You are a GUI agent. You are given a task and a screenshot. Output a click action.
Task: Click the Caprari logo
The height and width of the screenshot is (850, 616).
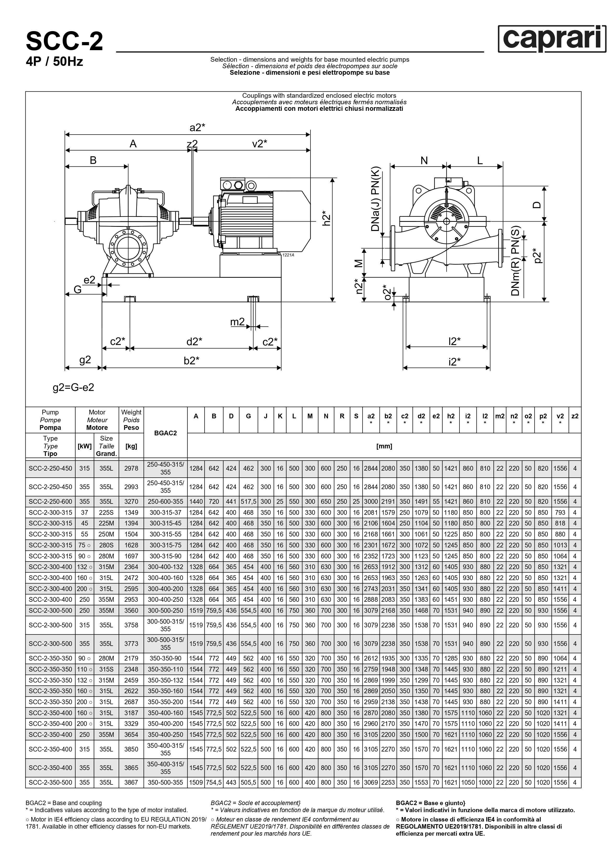552,39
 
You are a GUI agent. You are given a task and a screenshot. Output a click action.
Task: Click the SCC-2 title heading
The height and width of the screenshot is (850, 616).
65,42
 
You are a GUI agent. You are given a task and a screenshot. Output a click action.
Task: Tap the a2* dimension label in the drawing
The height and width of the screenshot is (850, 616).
197,128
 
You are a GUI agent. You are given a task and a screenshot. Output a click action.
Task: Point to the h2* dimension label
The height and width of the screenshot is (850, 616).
327,218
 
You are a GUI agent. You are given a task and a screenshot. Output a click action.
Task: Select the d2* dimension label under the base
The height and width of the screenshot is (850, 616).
194,342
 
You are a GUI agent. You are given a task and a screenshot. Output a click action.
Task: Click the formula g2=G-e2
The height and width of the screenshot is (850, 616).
73,387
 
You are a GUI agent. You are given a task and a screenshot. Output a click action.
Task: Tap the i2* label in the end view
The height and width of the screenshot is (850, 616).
454,362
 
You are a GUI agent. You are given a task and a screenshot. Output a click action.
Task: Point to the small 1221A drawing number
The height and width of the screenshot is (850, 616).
288,255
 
